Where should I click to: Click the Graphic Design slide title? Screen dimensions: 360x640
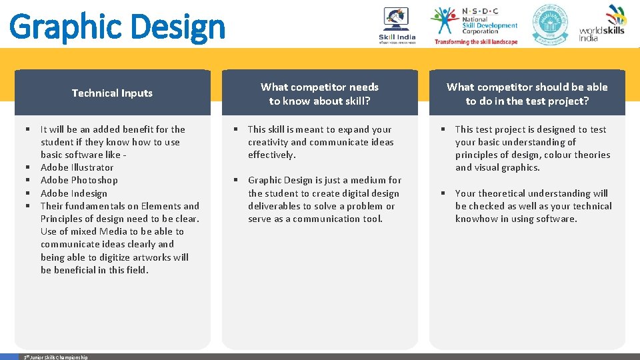coord(117,27)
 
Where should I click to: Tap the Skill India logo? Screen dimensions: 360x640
coord(397,25)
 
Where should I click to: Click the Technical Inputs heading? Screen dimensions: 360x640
coord(112,93)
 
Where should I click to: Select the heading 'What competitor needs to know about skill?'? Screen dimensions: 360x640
coord(319,94)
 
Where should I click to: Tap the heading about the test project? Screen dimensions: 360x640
coord(527,94)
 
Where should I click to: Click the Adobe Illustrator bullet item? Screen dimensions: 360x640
coord(77,167)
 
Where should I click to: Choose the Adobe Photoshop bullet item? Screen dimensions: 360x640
coord(79,180)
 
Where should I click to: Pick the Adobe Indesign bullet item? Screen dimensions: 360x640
coord(73,193)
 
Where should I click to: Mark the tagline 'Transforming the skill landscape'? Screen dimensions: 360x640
coord(475,41)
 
